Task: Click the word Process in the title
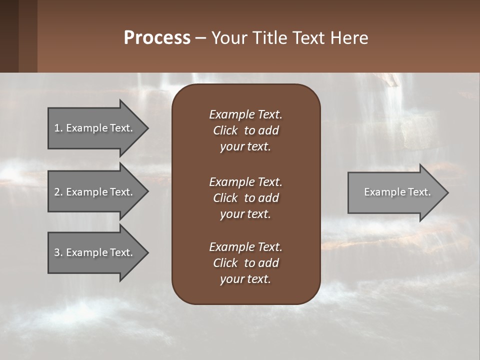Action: (157, 38)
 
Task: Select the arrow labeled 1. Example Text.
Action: (93, 128)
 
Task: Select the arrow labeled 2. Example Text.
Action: (93, 192)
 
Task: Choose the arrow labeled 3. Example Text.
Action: (93, 252)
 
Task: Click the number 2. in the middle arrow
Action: (58, 192)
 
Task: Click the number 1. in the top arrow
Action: (58, 128)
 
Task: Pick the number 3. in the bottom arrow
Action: (58, 252)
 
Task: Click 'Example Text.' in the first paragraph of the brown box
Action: (245, 114)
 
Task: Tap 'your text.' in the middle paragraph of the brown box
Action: (245, 214)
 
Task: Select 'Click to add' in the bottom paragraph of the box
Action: (245, 263)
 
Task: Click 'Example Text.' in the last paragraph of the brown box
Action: (245, 247)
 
